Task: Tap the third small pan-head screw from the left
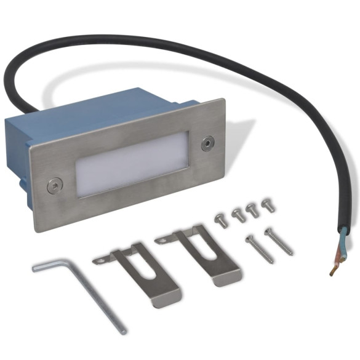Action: (x=252, y=209)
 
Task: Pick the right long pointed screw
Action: (x=278, y=240)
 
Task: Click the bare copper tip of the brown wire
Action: (x=333, y=270)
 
